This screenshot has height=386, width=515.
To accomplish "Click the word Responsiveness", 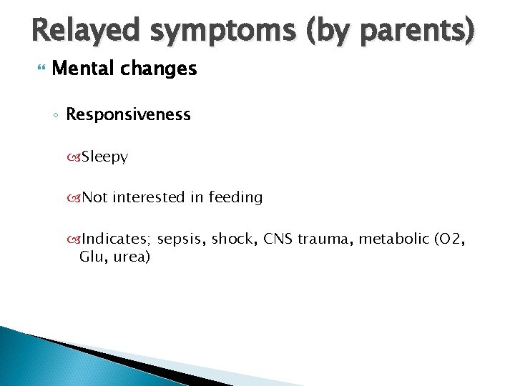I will click(128, 114).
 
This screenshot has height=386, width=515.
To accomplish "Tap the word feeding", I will click(235, 197).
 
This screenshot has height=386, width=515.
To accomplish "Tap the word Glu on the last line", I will click(92, 256).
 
